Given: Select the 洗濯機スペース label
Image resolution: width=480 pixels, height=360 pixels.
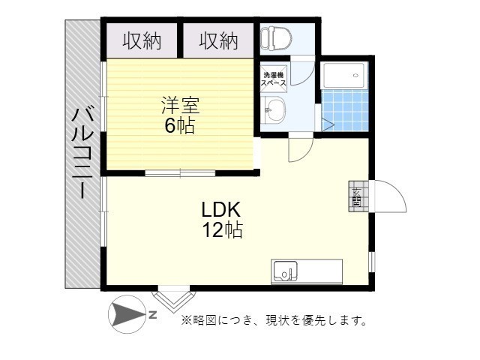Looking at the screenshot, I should pos(273,79).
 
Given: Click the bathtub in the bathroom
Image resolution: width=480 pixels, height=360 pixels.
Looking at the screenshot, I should pos(344,75).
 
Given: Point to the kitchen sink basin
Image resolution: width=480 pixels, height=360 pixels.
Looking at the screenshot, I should pos(285,270).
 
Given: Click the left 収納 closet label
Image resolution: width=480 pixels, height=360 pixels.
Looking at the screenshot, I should pos(142,41).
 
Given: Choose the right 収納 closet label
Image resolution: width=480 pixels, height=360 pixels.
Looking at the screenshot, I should pos(218,41).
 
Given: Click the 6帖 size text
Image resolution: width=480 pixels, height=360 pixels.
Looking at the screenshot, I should pos(180,126).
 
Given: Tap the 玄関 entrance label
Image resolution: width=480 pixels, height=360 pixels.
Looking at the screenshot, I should pos(356,196).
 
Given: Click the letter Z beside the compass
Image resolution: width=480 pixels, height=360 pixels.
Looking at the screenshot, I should pos(152,315).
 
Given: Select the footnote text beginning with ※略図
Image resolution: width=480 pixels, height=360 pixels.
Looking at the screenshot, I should pos(274,321).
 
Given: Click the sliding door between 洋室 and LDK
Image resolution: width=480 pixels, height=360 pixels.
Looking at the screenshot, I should pos(180,173).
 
